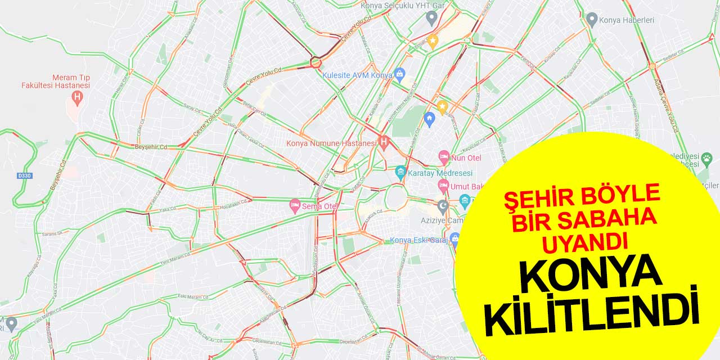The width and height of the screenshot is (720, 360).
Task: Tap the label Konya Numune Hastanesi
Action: click(x=331, y=143)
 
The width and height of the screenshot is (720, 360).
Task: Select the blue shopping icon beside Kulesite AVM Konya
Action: click(x=399, y=73)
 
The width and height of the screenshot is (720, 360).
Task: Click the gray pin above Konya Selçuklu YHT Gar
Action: click(x=431, y=18)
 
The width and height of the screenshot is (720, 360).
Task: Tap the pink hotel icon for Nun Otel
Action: click(x=444, y=157)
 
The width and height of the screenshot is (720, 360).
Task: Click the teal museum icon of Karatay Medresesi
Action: click(x=400, y=173)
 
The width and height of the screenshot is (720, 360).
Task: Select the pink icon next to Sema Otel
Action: click(x=294, y=206)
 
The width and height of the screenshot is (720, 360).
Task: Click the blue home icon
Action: click(x=429, y=119)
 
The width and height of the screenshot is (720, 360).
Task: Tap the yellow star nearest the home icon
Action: click(x=443, y=106)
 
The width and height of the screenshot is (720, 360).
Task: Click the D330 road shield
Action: click(x=25, y=175)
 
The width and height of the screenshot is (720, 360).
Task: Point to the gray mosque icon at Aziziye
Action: click(x=443, y=205)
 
